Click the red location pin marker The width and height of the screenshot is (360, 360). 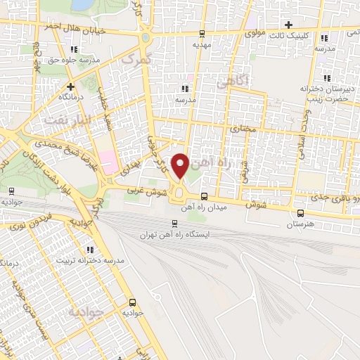pyautogui.click(x=181, y=166)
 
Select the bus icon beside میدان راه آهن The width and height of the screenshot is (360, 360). pyautogui.click(x=203, y=196)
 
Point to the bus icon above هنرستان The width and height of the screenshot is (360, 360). pyautogui.click(x=301, y=213)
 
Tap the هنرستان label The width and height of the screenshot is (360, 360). pyautogui.click(x=301, y=225)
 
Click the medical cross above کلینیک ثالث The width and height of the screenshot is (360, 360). pyautogui.click(x=288, y=25)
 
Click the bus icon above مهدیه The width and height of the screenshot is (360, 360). pyautogui.click(x=202, y=32)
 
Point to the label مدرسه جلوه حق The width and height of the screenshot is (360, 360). pyautogui.click(x=74, y=60)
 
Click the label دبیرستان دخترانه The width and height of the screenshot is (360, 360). pyautogui.click(x=326, y=89)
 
